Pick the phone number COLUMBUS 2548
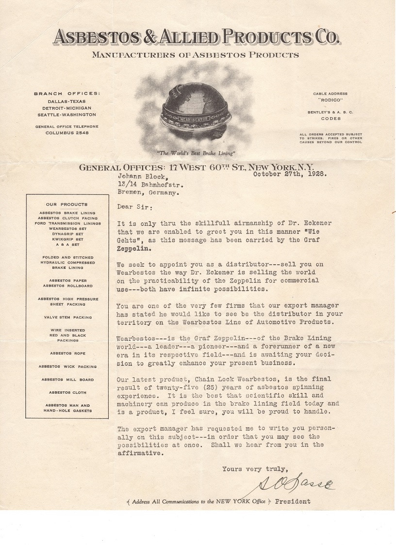coord(65,132)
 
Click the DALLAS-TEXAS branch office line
coord(65,101)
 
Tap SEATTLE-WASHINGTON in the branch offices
coord(65,114)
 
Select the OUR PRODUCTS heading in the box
coord(67,205)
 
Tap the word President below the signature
coord(293,501)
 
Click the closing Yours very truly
coord(255,469)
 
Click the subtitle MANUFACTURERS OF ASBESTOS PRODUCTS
coord(196,55)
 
